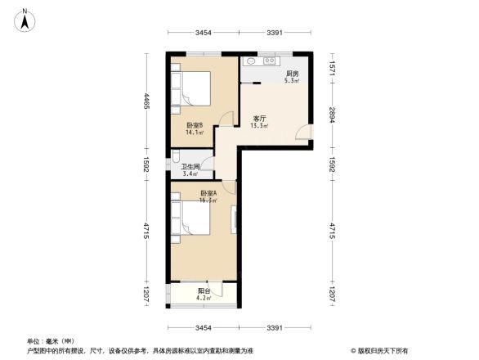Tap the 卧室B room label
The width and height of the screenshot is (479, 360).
pos(194,124)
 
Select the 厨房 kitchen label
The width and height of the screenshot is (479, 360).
pos(291,74)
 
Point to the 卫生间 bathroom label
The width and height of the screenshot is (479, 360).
pos(190,166)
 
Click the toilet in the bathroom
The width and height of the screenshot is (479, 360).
pos(177,157)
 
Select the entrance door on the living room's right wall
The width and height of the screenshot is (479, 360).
pos(304,133)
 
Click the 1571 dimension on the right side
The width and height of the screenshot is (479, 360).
pos(332,69)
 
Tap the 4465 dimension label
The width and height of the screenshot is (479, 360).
pos(147,104)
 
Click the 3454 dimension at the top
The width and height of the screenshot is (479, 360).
pos(204,33)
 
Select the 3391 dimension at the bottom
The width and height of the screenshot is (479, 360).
pos(275,328)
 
